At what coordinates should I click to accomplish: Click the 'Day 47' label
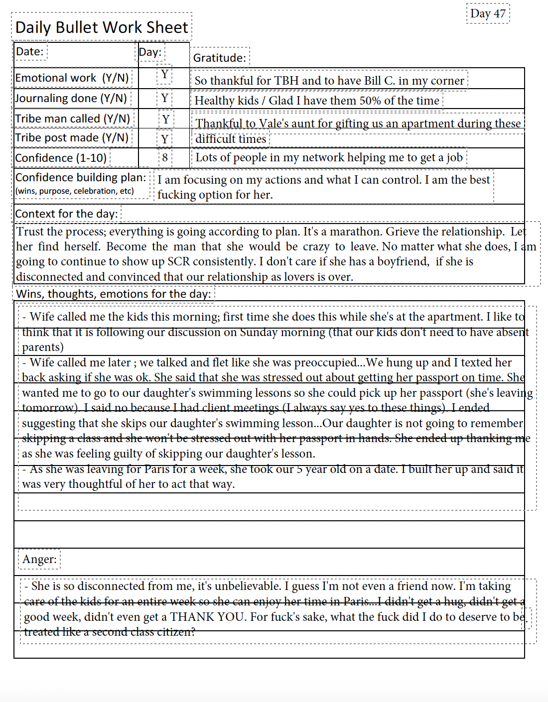tap(488, 13)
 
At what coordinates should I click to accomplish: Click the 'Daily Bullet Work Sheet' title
tap(102, 27)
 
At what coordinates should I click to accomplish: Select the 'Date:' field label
tap(29, 51)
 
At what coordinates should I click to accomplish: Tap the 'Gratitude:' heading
tap(219, 58)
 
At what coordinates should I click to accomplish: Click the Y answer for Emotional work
tap(164, 75)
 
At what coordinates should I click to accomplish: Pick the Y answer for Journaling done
tap(164, 98)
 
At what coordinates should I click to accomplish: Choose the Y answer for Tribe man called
tap(166, 119)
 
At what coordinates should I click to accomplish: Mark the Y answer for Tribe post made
tap(165, 139)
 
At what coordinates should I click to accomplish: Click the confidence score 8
tap(165, 158)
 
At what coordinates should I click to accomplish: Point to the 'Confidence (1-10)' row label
tap(61, 158)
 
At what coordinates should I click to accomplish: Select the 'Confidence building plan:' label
tap(81, 178)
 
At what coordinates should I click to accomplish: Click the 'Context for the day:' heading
tap(66, 214)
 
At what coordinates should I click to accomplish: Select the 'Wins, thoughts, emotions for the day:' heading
tap(113, 294)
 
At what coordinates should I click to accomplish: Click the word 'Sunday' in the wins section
tap(259, 332)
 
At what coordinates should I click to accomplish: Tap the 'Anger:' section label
tap(39, 559)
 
